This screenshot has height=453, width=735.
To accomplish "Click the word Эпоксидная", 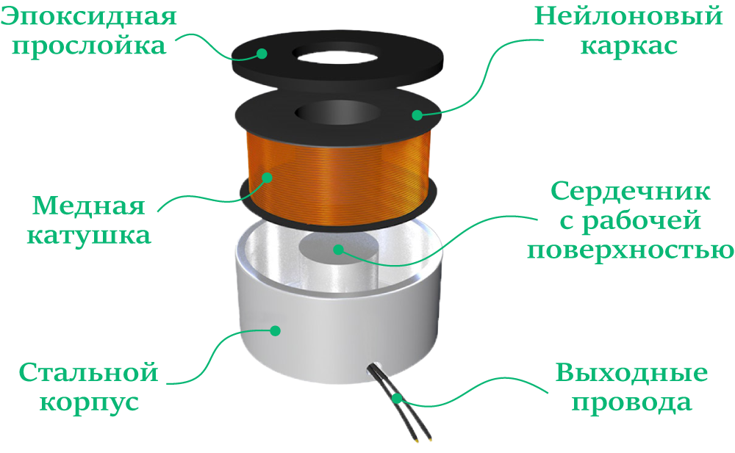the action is click(89, 17).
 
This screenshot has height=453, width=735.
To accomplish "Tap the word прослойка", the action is click(89, 47).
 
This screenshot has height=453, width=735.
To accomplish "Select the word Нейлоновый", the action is click(628, 17).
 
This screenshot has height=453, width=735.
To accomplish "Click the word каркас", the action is click(629, 46).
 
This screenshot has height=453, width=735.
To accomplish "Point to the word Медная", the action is click(89, 206).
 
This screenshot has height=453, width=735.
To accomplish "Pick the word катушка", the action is click(89, 235).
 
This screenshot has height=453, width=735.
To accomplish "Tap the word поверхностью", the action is click(631, 250).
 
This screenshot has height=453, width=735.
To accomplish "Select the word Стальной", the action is click(89, 372).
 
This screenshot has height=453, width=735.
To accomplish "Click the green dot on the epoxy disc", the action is click(262, 54).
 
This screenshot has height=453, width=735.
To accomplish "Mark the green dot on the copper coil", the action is click(267, 177).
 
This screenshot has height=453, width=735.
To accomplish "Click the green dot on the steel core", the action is click(338, 249).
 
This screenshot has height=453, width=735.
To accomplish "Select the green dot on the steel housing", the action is click(276, 330).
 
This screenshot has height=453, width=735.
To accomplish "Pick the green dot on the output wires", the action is click(397, 399).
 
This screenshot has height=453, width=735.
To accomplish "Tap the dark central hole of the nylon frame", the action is click(337, 113).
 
